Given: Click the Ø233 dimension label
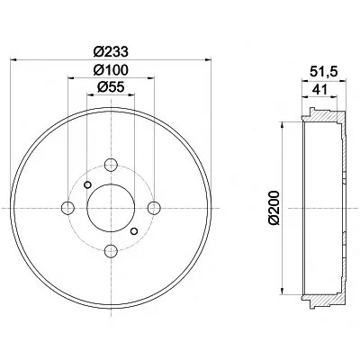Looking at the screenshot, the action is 111,51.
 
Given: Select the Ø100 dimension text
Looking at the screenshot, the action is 111,70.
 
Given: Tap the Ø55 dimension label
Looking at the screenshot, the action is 111,87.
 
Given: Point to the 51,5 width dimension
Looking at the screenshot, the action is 324,72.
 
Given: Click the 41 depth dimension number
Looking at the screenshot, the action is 319,89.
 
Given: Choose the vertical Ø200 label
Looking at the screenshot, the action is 274,207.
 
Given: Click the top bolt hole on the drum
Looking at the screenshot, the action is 111,165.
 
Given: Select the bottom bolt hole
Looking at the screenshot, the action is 111,250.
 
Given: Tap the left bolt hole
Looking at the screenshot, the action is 67,208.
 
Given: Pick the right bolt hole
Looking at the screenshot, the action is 154,208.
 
